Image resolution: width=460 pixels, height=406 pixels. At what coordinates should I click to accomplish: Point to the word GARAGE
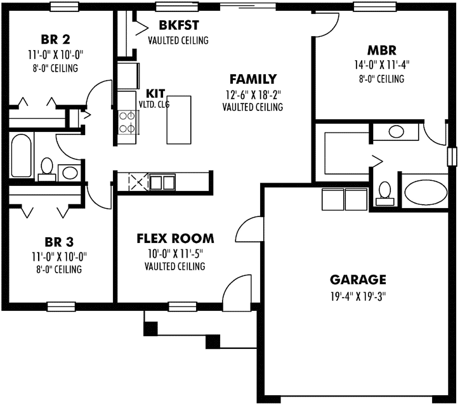[358, 280]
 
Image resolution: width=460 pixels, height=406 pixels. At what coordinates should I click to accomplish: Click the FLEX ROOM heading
[175, 239]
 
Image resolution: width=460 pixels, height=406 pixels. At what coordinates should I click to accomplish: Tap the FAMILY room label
[253, 80]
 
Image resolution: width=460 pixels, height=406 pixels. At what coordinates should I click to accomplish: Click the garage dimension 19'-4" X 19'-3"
[358, 295]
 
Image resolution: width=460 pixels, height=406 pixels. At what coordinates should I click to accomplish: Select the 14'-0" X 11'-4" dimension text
[381, 65]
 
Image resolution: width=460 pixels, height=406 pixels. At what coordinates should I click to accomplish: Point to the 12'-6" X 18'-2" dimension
[253, 95]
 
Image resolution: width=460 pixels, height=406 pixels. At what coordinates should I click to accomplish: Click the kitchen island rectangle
[178, 120]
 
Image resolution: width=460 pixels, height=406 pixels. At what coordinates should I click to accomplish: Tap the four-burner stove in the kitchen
[127, 122]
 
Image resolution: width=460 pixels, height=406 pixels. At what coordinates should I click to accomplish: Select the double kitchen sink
[162, 182]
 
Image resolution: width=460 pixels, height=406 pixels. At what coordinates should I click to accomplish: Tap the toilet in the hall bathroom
[46, 167]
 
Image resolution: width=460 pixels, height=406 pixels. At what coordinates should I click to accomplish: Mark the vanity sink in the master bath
[397, 132]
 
